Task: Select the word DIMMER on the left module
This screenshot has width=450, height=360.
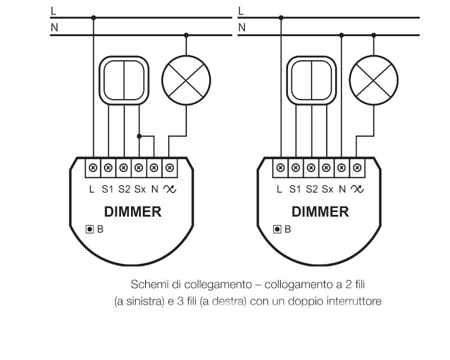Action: (133, 212)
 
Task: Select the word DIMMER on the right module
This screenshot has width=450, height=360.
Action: (320, 212)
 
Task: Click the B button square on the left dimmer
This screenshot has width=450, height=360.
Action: (90, 229)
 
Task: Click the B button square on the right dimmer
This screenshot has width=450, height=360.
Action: (277, 229)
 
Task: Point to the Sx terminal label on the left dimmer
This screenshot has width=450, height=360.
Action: (139, 189)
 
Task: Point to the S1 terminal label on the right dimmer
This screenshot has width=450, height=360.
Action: (295, 189)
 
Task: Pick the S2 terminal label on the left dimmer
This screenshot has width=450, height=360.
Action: (124, 189)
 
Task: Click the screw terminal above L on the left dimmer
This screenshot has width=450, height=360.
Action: (93, 168)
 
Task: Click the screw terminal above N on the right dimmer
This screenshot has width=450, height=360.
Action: (341, 168)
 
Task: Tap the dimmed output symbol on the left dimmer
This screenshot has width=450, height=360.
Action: (170, 189)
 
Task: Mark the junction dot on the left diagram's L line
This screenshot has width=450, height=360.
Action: (93, 18)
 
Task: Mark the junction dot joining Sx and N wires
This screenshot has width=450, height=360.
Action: (139, 136)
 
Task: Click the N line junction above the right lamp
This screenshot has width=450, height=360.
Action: (373, 35)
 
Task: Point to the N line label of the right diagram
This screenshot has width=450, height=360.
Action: (242, 28)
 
